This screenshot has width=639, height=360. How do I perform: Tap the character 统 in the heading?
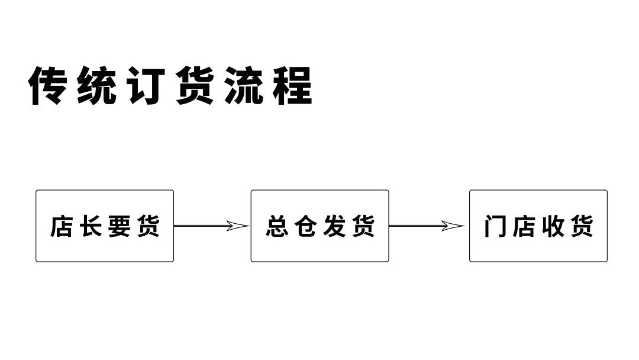96,86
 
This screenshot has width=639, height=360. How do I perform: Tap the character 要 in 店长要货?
119,226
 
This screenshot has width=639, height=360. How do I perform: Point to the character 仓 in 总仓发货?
306,226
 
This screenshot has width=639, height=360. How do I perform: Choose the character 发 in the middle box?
334,226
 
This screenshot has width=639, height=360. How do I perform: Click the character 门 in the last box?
495,226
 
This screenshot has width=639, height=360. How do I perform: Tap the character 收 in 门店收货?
553,226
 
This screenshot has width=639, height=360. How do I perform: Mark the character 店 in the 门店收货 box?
524,226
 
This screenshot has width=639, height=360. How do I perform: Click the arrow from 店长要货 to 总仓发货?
207,226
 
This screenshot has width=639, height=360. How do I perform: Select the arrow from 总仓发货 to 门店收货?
423,226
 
